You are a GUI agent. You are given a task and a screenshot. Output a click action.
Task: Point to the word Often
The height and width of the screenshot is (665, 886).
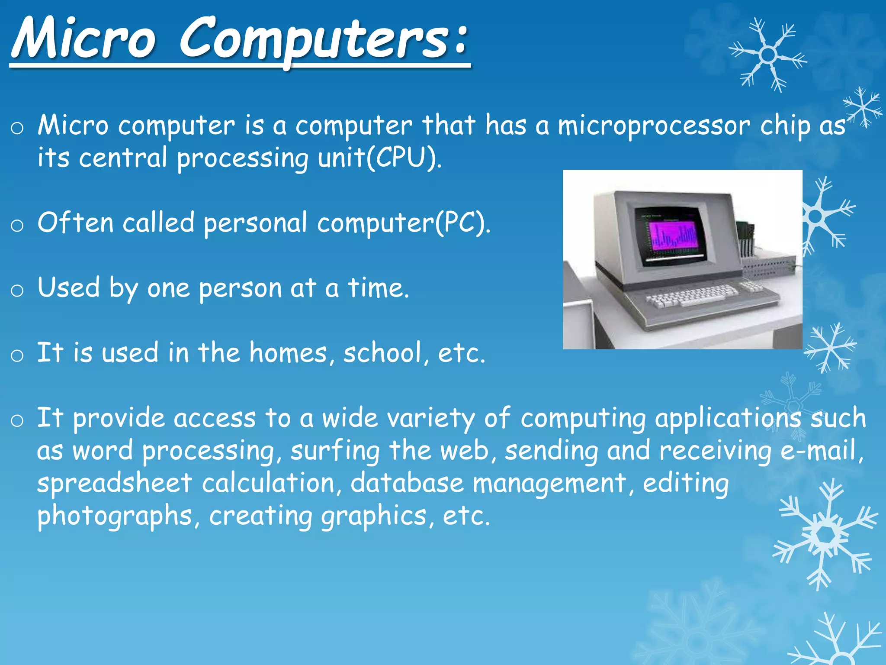75,223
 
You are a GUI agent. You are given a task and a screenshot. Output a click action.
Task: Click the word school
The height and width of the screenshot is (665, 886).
382,353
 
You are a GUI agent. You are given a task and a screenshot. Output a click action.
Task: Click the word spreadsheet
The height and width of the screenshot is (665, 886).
114,484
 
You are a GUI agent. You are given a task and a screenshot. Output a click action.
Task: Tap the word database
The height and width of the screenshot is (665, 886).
407,483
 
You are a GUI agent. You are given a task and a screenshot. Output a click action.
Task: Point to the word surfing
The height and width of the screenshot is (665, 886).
335,451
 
